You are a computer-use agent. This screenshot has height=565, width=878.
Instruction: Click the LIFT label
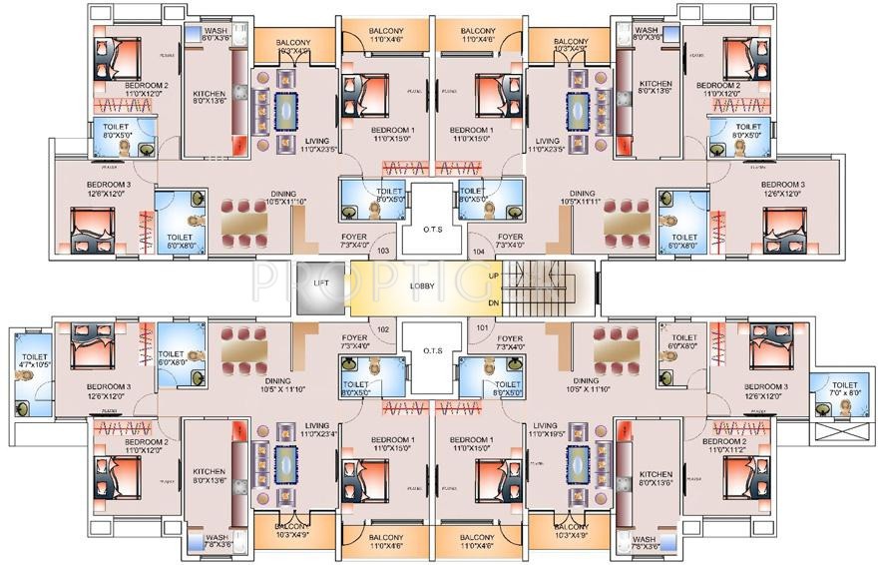[x=321, y=284]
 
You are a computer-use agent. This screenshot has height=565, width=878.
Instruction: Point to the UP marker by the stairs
[x=494, y=275]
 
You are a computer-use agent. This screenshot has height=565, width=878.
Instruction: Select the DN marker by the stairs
[x=494, y=302]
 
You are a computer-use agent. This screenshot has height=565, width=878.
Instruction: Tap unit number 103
[x=382, y=253]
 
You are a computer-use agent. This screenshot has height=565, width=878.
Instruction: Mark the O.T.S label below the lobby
[x=433, y=350]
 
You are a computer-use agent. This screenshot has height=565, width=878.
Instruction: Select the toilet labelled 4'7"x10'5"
[x=34, y=361]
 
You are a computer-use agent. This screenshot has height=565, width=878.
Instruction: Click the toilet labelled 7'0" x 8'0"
[x=844, y=388]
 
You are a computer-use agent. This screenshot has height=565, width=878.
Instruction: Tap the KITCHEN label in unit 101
[x=655, y=472]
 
